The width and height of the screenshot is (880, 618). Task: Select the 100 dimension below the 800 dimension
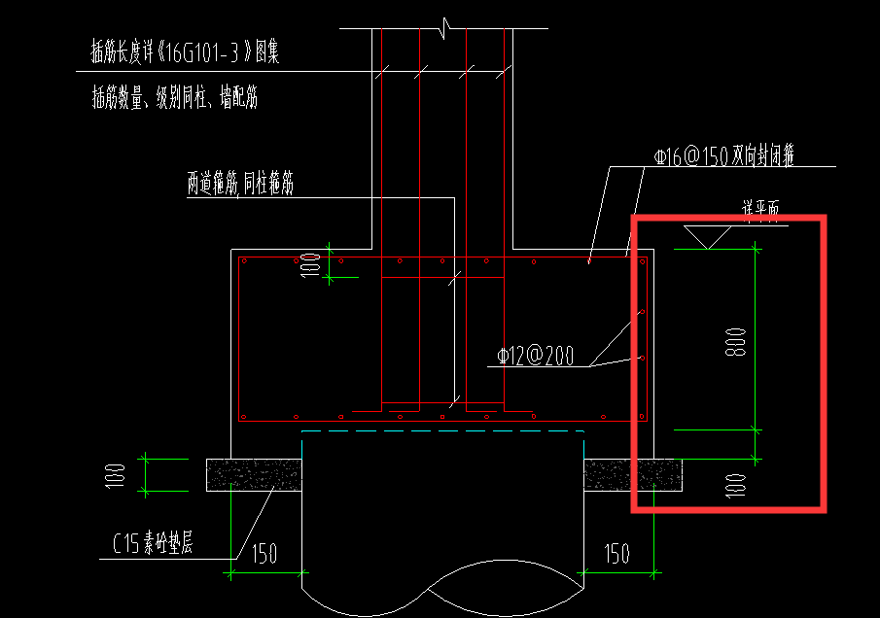[x=736, y=483]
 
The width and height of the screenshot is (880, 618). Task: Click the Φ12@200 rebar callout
[x=535, y=357]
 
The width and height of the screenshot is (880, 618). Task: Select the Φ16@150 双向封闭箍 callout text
[x=724, y=156]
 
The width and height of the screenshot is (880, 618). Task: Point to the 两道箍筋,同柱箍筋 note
[x=240, y=185]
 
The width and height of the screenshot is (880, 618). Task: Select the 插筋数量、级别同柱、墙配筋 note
[x=174, y=98]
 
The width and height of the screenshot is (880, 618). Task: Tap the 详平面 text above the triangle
[x=761, y=208]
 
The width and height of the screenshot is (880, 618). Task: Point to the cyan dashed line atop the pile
[x=442, y=430]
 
